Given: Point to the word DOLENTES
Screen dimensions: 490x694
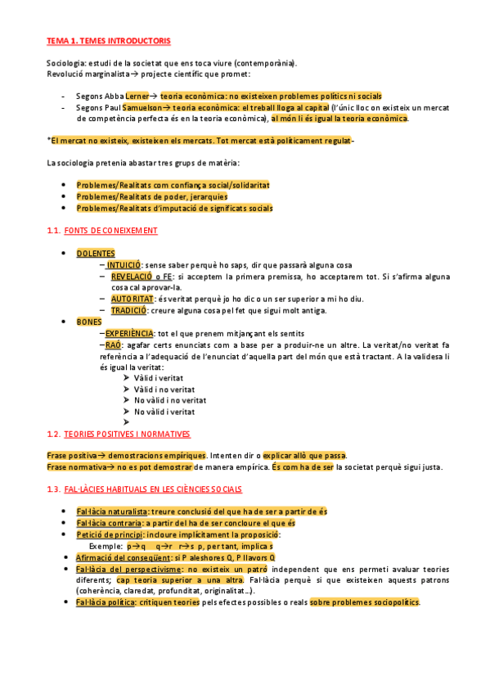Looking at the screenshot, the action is [x=96, y=254].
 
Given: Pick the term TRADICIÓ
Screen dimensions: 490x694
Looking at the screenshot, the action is [x=129, y=310].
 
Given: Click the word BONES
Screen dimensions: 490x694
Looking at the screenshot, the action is [x=89, y=322].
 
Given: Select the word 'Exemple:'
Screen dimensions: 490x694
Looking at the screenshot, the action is [x=106, y=546].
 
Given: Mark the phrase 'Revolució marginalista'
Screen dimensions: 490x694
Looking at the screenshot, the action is [x=88, y=74].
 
